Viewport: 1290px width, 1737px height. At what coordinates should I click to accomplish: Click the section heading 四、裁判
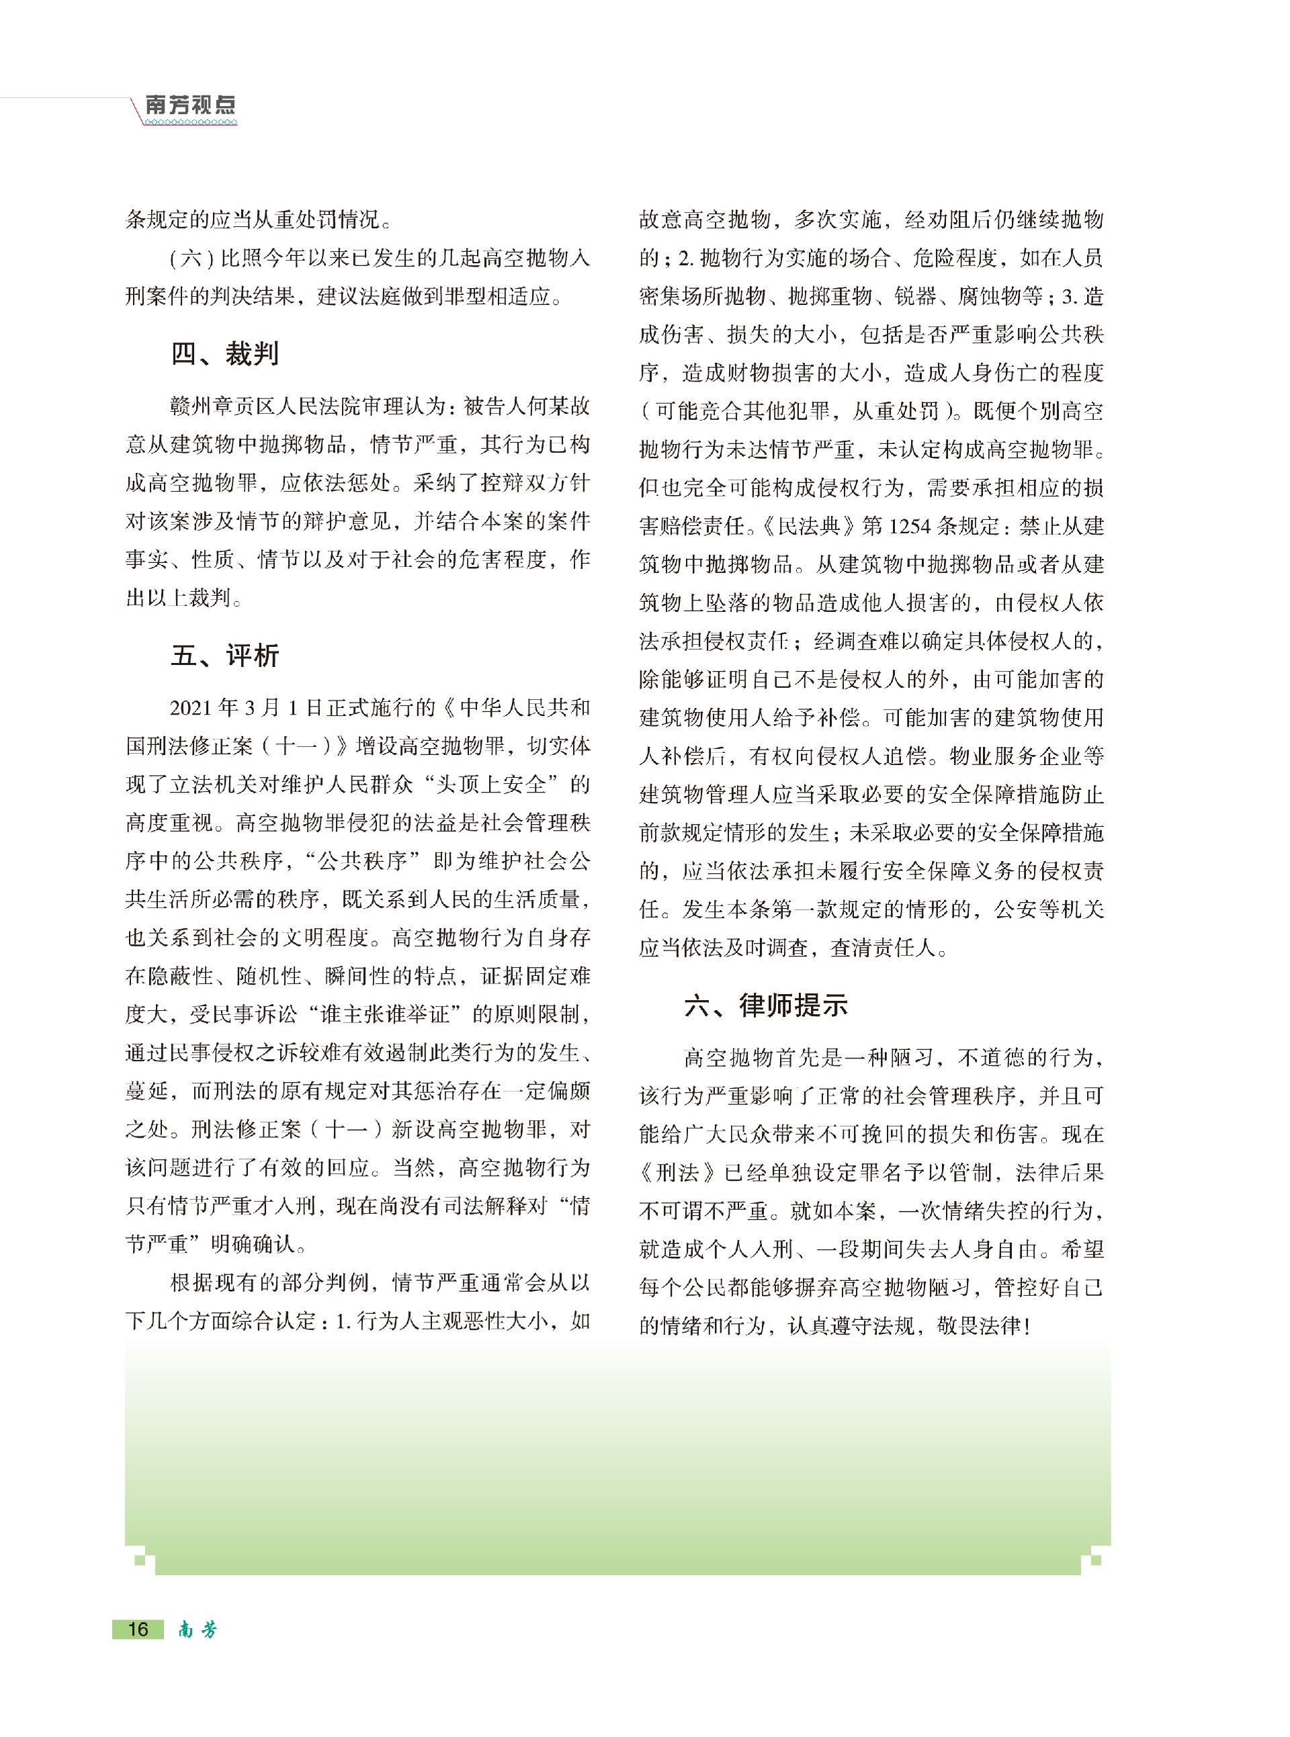click(225, 353)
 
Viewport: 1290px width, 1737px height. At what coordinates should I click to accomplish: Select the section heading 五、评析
click(225, 655)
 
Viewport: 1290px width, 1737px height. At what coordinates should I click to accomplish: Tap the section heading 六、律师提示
click(766, 1006)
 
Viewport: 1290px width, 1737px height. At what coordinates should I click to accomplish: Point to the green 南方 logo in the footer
click(198, 1630)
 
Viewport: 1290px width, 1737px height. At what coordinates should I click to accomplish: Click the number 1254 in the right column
click(909, 527)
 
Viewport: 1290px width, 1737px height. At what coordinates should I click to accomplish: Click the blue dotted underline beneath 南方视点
click(191, 122)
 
